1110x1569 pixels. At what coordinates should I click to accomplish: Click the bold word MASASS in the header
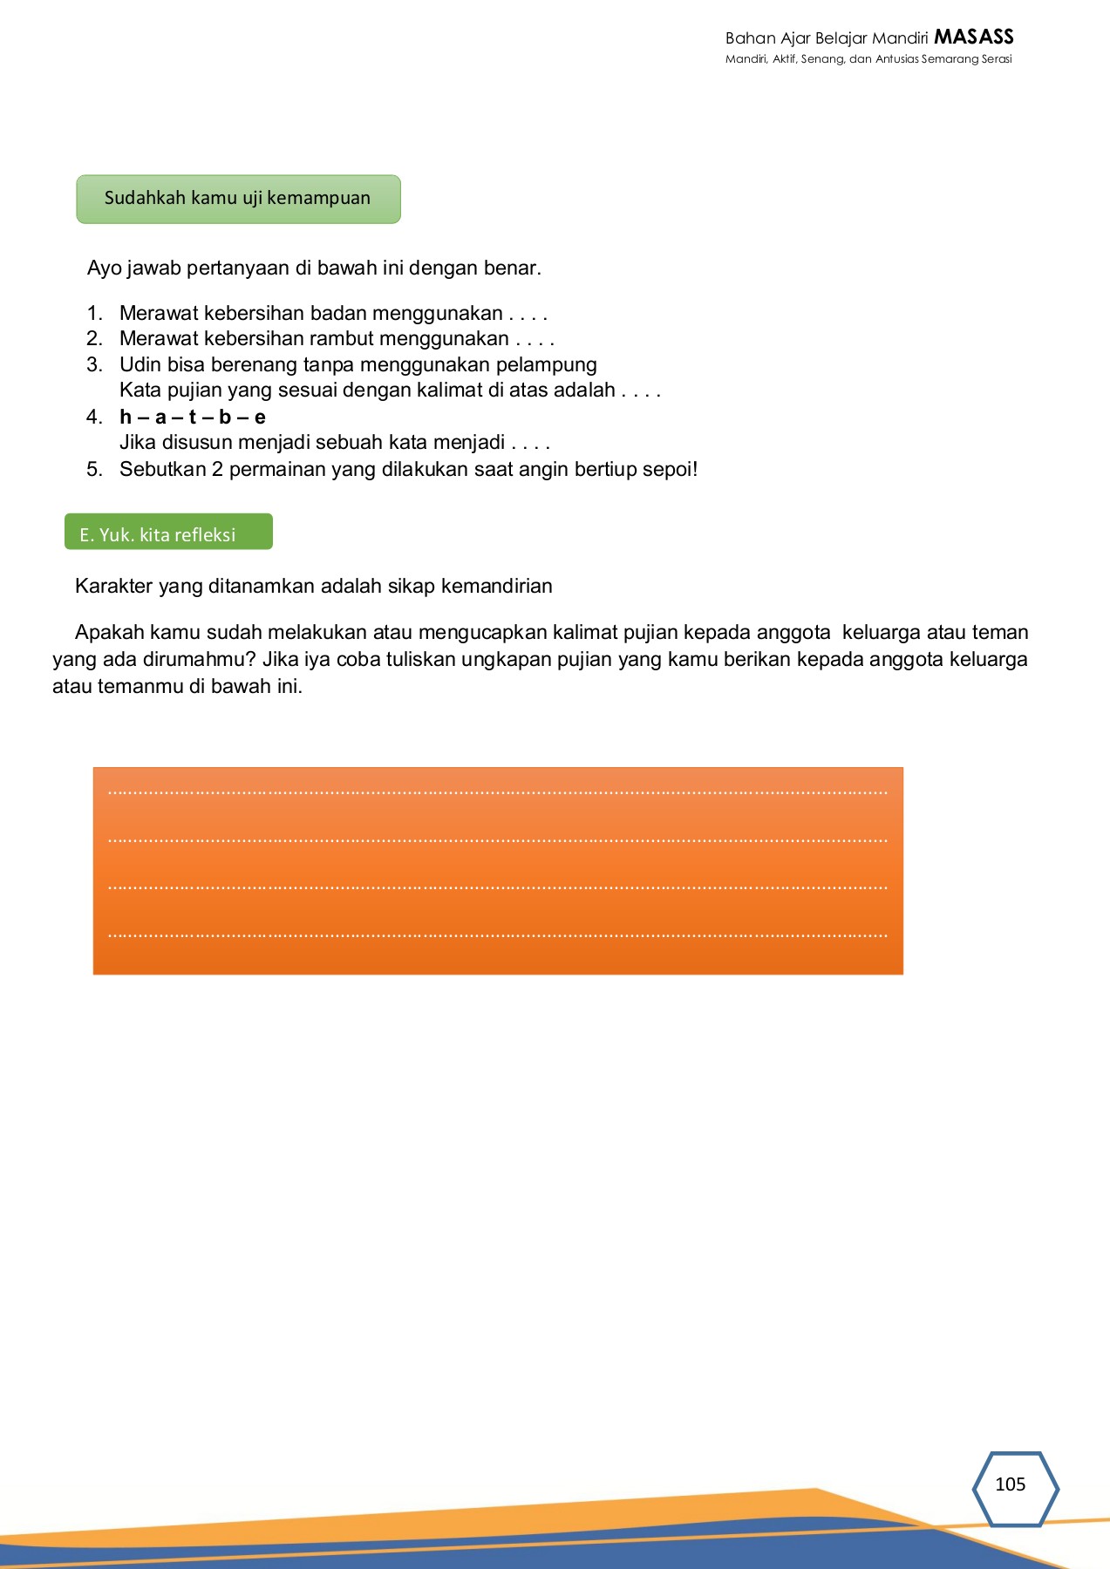pyautogui.click(x=973, y=37)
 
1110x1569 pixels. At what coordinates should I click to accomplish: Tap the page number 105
pyautogui.click(x=1010, y=1484)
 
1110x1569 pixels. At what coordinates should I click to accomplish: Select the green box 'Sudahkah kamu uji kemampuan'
pyautogui.click(x=238, y=199)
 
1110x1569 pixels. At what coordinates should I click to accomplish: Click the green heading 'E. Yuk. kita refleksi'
pyautogui.click(x=168, y=533)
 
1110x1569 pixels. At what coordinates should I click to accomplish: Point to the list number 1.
pyautogui.click(x=94, y=313)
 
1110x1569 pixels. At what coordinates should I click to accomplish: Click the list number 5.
pyautogui.click(x=94, y=469)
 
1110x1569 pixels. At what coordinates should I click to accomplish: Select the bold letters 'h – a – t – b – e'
pyautogui.click(x=193, y=417)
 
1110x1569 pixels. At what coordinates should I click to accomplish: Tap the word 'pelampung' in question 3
pyautogui.click(x=546, y=364)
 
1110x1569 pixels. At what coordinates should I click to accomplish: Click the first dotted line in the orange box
pyautogui.click(x=497, y=792)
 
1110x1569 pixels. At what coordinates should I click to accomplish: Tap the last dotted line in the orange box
pyautogui.click(x=497, y=935)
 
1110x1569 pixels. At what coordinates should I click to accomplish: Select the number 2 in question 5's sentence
pyautogui.click(x=217, y=469)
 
